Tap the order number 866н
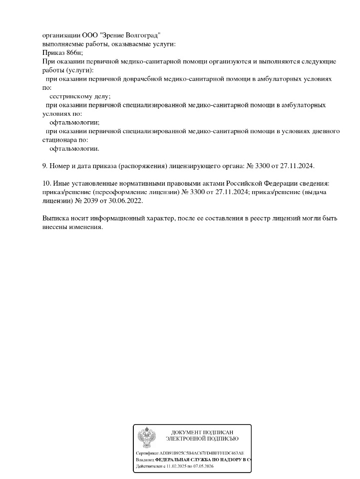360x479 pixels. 73,52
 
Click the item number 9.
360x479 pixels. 44,166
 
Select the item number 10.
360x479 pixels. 46,184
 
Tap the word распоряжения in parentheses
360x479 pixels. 140,166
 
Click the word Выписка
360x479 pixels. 57,218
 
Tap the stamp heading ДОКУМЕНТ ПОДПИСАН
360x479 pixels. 202,432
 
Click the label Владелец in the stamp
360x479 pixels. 145,460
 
